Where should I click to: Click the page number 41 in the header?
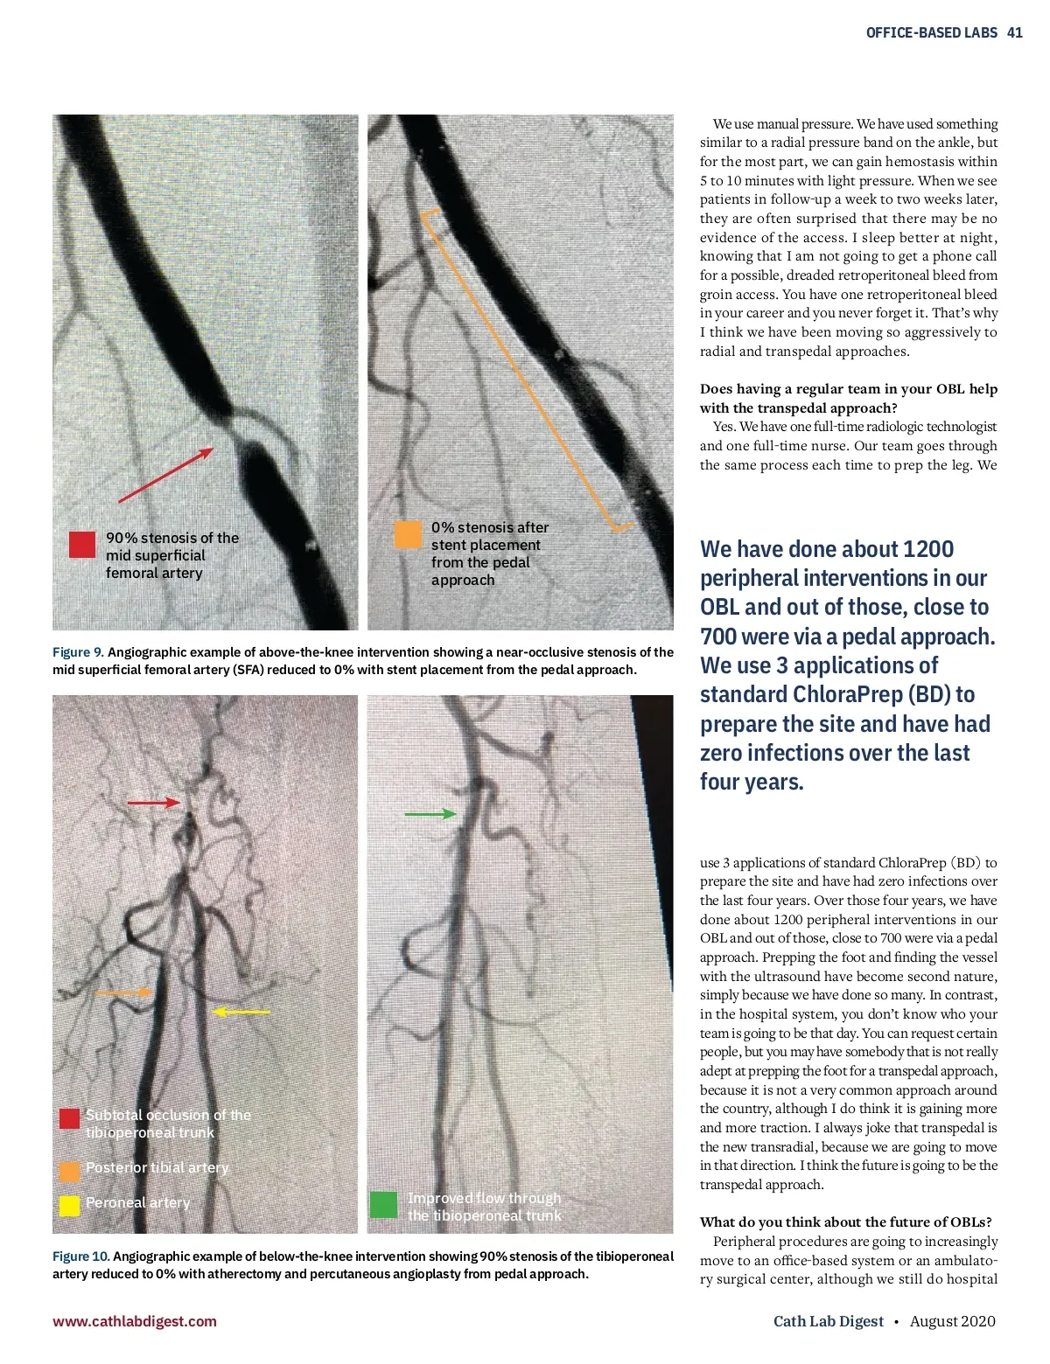(x=1015, y=32)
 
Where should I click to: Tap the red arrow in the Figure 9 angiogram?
(x=166, y=476)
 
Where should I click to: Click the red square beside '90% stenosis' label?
(x=82, y=544)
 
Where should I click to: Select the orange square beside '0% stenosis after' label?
(x=408, y=534)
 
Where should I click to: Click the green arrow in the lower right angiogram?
(x=430, y=814)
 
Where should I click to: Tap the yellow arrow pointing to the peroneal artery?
(x=242, y=1012)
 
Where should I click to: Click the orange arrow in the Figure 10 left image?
(x=123, y=992)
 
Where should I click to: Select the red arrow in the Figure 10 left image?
(x=154, y=802)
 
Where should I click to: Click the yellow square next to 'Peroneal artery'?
(x=69, y=1205)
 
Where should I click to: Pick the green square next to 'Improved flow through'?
(x=383, y=1205)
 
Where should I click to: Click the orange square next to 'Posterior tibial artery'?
(x=69, y=1171)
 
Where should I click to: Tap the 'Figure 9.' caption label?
(x=78, y=652)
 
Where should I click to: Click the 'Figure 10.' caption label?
(x=81, y=1256)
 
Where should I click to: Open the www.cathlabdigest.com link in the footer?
(x=135, y=1321)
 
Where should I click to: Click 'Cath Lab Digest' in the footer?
(x=828, y=1321)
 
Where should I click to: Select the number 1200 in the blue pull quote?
(x=927, y=549)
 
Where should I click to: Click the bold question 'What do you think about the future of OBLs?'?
(x=845, y=1222)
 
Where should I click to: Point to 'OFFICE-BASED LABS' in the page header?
(x=931, y=32)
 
